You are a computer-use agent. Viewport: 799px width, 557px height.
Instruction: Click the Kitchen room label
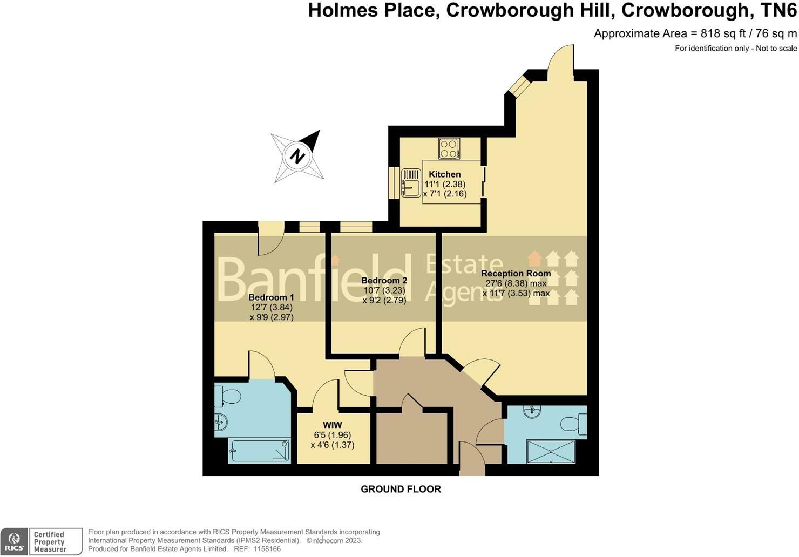[x=444, y=174]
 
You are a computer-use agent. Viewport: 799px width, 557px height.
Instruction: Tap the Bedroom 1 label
[x=271, y=297]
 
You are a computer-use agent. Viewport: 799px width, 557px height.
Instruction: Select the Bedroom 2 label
[x=384, y=281]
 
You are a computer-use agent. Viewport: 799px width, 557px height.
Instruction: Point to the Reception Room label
[x=516, y=274]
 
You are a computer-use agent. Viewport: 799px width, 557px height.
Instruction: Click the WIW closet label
[x=333, y=425]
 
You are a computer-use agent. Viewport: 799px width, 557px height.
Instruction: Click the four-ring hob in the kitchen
[x=449, y=148]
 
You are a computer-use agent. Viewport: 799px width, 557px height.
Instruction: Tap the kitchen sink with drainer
[x=411, y=182]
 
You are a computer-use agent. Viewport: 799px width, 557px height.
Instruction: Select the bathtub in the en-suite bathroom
[x=260, y=450]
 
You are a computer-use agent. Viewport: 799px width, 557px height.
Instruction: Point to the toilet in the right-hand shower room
[x=573, y=424]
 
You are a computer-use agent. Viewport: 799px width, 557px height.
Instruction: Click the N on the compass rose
[x=297, y=157]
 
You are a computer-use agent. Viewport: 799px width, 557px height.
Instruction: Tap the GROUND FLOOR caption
[x=401, y=489]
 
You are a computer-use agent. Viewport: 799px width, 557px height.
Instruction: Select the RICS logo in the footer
[x=14, y=541]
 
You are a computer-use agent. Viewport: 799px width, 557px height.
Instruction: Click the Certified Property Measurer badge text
[x=50, y=542]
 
